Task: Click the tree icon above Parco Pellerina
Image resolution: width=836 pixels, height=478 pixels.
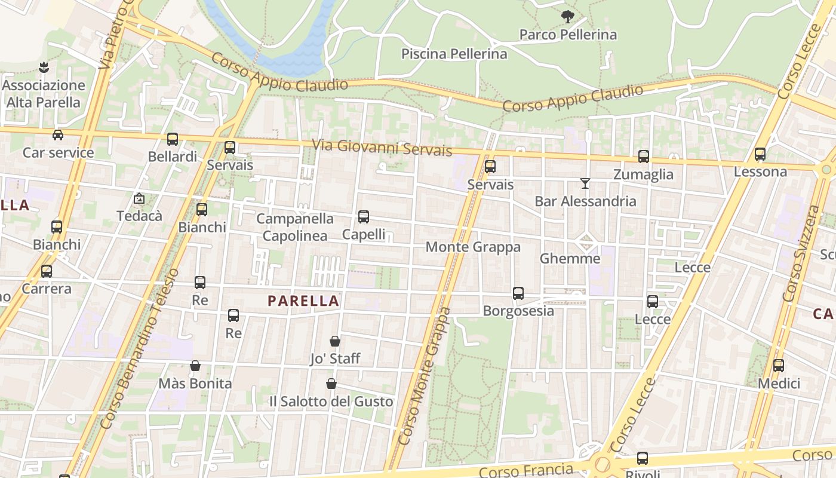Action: coord(567,17)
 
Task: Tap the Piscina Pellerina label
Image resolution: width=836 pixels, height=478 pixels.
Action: coord(454,54)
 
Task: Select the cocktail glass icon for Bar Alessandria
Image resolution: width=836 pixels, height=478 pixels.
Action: coord(585,183)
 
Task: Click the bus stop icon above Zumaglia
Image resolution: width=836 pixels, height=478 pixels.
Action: coord(643,157)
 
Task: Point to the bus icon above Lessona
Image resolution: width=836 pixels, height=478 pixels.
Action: coord(760,154)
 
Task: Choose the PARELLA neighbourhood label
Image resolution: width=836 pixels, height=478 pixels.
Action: coord(303,301)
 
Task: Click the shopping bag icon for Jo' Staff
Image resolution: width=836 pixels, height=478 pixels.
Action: coord(335,341)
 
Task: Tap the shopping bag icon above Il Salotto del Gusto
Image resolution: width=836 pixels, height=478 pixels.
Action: coord(331,384)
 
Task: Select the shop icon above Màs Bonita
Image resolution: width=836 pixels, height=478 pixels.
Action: coord(195,366)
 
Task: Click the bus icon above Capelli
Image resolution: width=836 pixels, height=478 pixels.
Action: coord(363,217)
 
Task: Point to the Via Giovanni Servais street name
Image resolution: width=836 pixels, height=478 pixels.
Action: coord(382,147)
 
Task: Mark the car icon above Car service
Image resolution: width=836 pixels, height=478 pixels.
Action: coord(58,135)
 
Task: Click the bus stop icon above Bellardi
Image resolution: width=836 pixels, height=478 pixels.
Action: coord(173,139)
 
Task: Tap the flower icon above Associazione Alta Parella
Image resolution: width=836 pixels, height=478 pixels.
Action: coord(43,67)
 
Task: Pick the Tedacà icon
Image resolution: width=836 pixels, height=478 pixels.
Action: coord(139,198)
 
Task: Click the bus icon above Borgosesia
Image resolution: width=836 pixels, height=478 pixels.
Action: coord(518,293)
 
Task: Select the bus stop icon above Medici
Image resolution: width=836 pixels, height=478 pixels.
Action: coord(779,366)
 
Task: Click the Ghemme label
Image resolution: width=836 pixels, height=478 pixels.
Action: coord(570,259)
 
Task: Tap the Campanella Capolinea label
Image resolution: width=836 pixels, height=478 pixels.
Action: coord(295,227)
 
